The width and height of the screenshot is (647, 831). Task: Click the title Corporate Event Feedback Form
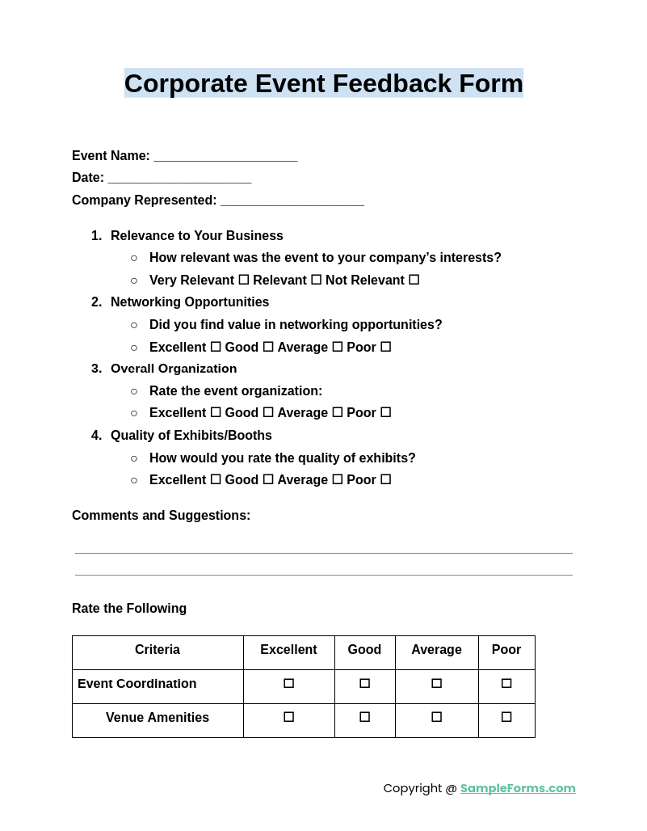click(323, 83)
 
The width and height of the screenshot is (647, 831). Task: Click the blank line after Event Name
click(225, 157)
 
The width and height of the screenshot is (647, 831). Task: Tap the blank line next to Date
click(179, 179)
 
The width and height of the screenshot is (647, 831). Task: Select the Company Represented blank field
click(292, 201)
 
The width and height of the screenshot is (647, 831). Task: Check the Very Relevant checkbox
click(243, 280)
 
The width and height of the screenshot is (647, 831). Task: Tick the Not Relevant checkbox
click(414, 280)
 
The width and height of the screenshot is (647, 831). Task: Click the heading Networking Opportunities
click(190, 302)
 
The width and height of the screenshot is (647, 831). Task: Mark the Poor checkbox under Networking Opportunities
click(385, 347)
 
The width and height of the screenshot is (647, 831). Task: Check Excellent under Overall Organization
click(216, 412)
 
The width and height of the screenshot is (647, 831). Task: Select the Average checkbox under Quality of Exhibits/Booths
click(337, 479)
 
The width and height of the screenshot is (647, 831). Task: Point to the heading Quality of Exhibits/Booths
click(191, 436)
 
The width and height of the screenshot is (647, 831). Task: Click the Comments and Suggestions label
click(161, 516)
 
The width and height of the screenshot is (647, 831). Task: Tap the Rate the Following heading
click(129, 609)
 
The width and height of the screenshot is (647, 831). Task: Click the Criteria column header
click(158, 650)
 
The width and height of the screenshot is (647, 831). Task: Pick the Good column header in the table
click(364, 650)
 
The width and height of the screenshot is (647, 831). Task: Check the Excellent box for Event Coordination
click(288, 684)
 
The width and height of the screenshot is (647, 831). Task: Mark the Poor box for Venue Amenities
click(506, 717)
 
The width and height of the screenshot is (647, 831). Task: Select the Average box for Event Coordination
click(436, 684)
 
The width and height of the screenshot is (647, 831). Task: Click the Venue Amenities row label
click(158, 718)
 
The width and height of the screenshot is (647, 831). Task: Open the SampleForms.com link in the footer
click(518, 788)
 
